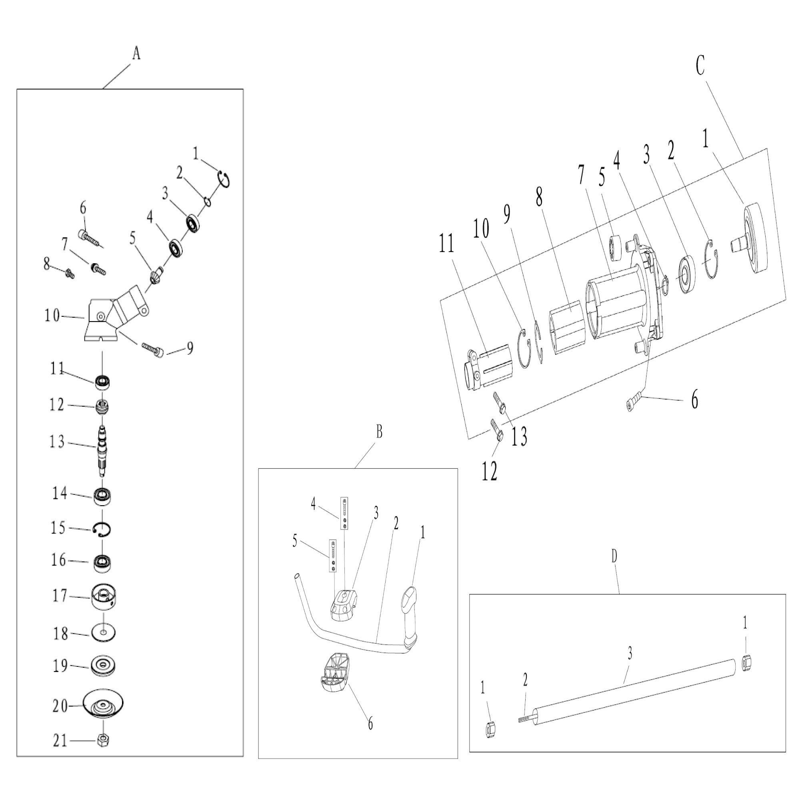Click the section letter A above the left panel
coord(136,54)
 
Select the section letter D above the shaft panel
coord(614,557)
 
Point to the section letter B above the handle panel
coord(379,432)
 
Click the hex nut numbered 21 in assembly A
coord(104,740)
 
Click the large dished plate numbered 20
coord(103,704)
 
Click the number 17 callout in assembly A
coord(60,596)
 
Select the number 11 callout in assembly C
coord(446,244)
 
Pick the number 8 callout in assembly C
coord(539,197)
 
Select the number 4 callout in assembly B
coord(314,504)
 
